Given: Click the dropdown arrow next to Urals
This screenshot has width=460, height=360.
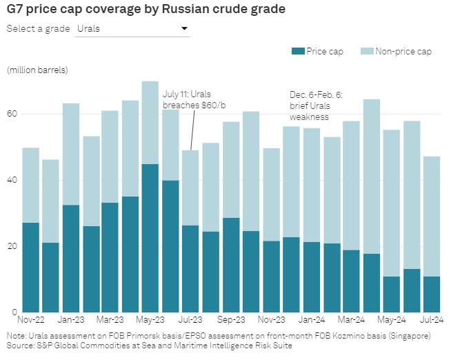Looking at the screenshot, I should pos(183,28).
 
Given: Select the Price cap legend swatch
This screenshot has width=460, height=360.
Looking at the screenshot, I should pos(297,51).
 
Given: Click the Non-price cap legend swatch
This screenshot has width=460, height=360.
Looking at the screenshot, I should pos(366,51).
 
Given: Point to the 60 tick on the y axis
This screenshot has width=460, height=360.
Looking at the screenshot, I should pos(11,114).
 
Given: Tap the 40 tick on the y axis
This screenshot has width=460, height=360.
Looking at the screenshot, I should pos(11,180).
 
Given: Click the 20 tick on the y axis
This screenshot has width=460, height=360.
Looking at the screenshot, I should pos(11,246).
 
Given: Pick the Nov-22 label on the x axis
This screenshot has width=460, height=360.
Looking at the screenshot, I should pos(31,319).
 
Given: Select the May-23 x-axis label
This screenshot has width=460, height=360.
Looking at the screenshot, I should pos(150,319).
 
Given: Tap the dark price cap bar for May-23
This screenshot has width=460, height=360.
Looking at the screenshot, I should pos(150,238).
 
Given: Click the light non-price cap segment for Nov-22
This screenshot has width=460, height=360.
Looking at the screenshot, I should pos(31,185).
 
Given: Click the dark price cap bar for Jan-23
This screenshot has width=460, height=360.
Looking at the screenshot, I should pos(70,258).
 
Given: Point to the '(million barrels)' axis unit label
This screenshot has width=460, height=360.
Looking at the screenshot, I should pos(38,70).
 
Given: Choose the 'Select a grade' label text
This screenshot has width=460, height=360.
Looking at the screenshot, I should pos(38,28).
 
